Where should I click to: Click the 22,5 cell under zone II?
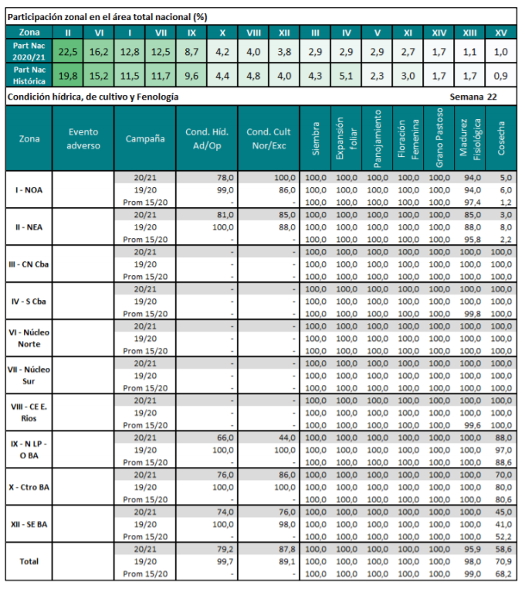tap(67, 53)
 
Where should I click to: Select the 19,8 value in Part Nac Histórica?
tap(67, 76)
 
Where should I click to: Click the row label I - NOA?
tap(29, 189)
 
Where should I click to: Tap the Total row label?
tap(29, 561)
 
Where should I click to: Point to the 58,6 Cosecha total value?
tap(503, 549)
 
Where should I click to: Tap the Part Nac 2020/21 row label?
tap(29, 53)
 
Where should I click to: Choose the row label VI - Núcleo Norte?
tap(29, 339)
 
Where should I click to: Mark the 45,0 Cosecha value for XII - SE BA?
tap(503, 512)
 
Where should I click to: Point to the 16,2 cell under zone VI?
tap(98, 53)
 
